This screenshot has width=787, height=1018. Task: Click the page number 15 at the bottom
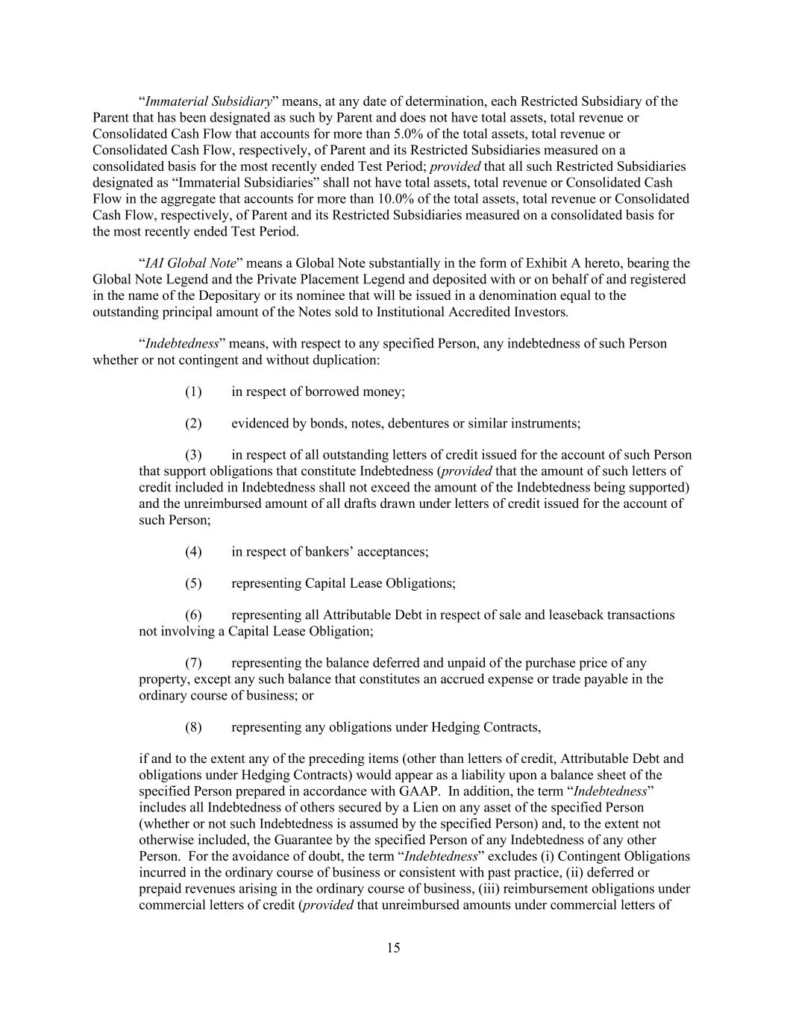393,948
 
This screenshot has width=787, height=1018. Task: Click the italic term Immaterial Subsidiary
208,101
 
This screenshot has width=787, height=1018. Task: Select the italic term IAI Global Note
191,263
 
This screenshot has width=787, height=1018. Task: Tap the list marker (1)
193,392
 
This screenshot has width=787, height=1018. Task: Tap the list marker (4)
193,552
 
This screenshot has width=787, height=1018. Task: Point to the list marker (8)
193,727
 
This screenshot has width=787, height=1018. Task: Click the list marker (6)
193,615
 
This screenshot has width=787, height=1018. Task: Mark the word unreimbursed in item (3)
221,503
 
